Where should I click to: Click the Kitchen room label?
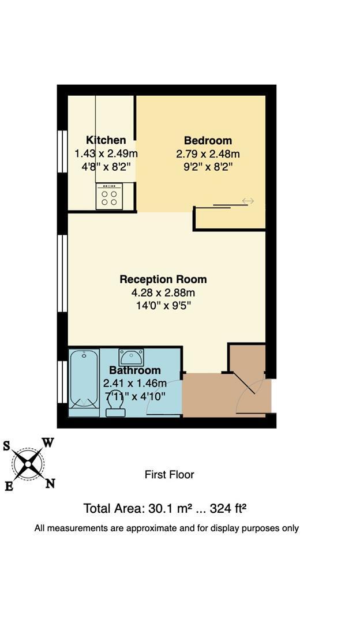tap(106, 140)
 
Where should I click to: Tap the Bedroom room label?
tap(208, 141)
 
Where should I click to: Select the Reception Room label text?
tap(163, 279)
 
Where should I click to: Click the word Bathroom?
tap(135, 370)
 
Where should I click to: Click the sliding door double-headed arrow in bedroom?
tap(247, 201)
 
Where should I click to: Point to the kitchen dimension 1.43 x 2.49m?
tap(106, 153)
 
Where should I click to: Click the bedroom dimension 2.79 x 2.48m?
tap(208, 154)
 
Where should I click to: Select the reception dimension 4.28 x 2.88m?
tap(163, 292)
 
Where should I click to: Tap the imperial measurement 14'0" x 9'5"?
tap(163, 306)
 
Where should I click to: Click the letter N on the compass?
tap(50, 484)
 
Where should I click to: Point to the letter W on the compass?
tap(48, 443)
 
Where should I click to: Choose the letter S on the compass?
tap(7, 445)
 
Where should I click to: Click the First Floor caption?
tap(169, 475)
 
